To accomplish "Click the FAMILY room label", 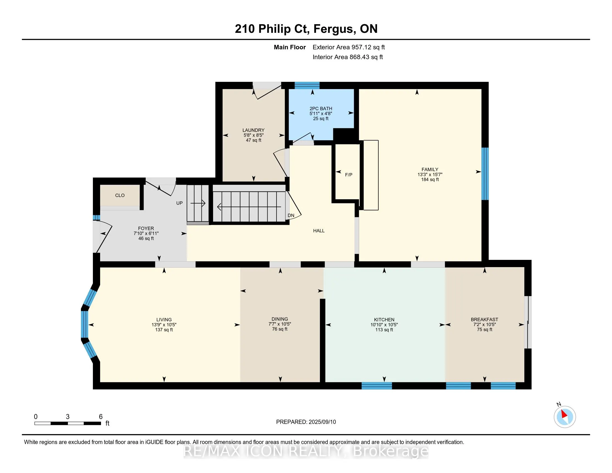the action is (x=430, y=169).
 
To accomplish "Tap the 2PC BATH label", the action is (x=320, y=109).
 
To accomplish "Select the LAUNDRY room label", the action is (x=253, y=130).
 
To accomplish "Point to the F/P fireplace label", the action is (x=349, y=175).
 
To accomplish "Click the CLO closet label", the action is (x=120, y=195).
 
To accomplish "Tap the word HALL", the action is (x=319, y=231).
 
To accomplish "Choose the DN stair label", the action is (x=291, y=215).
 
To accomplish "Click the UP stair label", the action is (x=179, y=203).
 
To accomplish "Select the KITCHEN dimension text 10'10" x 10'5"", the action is (x=384, y=325).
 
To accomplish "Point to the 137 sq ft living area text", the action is (x=164, y=330).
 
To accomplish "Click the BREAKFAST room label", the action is (x=484, y=319).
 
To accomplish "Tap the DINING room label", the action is (x=280, y=319).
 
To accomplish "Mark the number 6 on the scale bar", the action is (x=101, y=417).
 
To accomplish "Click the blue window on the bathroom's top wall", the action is (x=307, y=85).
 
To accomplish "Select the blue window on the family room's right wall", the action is (x=485, y=174).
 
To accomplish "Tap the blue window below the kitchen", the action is (x=377, y=386).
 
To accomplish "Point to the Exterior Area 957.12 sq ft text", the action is (x=349, y=47).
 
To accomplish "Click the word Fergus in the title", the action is (x=333, y=29).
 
